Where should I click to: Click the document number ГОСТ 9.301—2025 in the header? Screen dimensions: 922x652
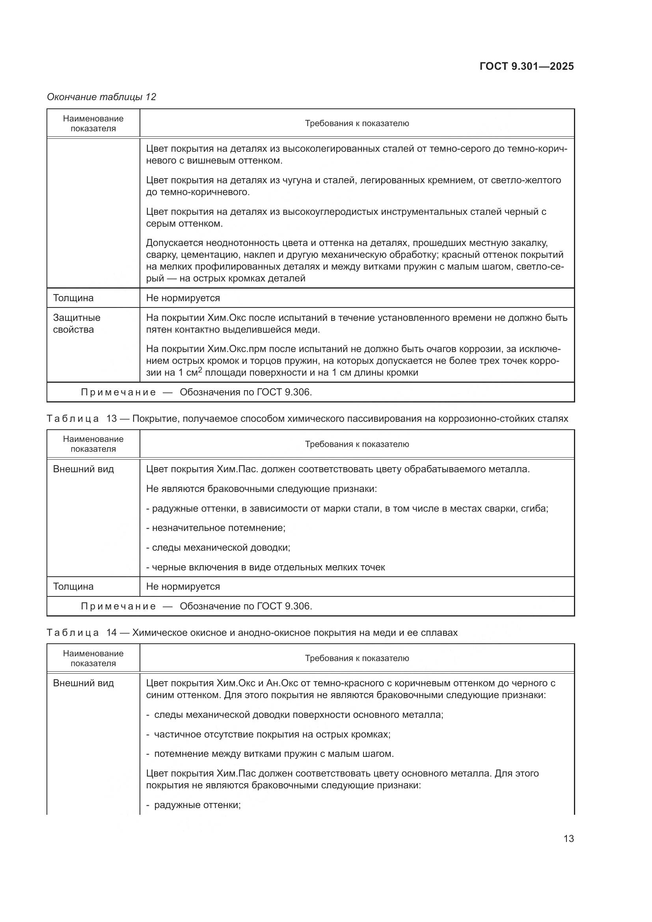(526, 66)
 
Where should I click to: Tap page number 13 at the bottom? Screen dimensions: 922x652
(568, 838)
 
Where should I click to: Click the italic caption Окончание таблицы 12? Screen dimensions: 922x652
(101, 97)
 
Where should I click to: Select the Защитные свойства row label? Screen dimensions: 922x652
(77, 323)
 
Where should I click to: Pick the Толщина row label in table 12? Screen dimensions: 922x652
(73, 298)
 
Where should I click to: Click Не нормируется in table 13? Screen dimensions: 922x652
(183, 586)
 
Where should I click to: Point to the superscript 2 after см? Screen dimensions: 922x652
(200, 370)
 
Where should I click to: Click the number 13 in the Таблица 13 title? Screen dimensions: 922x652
(111, 419)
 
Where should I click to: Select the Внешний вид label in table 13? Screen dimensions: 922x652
(83, 469)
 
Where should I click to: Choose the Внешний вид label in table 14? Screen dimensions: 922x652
(83, 683)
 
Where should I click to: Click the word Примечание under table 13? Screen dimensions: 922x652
(118, 606)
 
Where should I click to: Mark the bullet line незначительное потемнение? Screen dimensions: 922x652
(216, 528)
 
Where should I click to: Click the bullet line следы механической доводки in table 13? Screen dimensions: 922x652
(218, 548)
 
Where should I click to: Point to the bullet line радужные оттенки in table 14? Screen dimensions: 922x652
(194, 805)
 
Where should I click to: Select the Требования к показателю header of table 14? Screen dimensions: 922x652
(356, 658)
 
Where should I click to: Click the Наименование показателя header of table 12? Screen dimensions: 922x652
(93, 123)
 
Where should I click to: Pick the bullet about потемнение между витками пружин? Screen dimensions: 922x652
(270, 754)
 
